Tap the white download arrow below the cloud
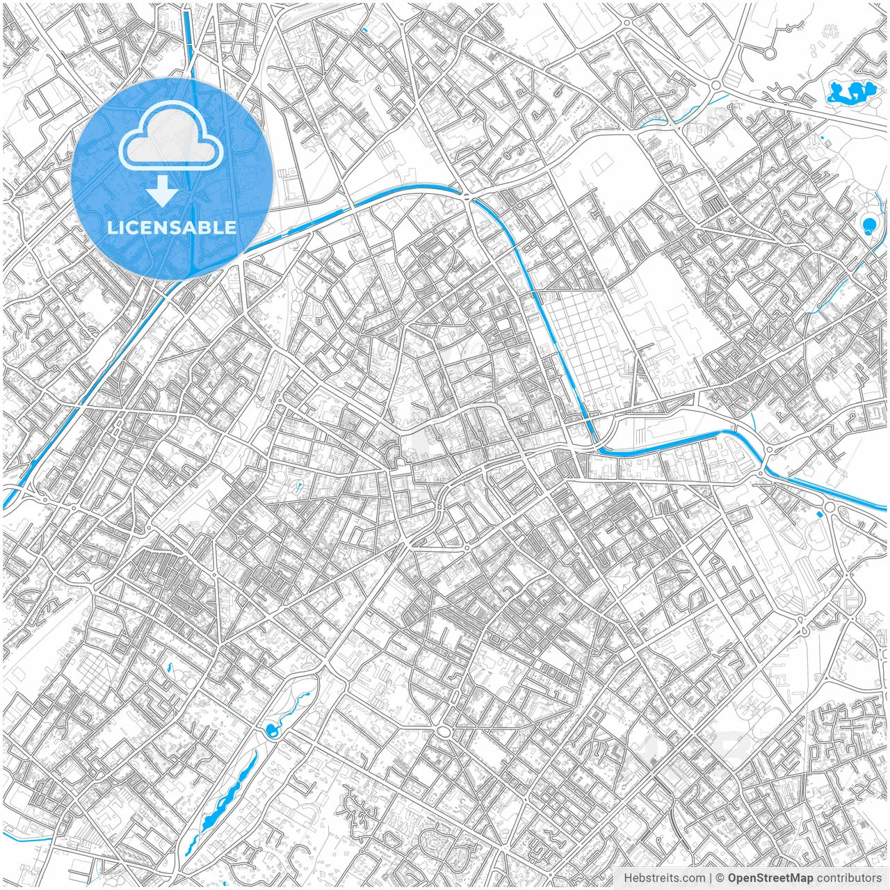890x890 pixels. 163,191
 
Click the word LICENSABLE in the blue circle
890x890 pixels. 172,227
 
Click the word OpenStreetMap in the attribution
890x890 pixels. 770,878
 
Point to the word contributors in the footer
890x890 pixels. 850,878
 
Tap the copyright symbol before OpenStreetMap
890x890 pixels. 720,878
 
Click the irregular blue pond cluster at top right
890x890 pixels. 850,92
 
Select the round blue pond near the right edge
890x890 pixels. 869,224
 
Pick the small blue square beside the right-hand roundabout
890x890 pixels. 820,514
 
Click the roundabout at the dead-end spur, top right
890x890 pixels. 770,53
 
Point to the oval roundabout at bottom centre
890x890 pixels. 444,731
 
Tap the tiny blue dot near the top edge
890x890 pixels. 364,29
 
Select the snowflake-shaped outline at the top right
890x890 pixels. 830,31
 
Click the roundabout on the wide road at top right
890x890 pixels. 715,86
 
